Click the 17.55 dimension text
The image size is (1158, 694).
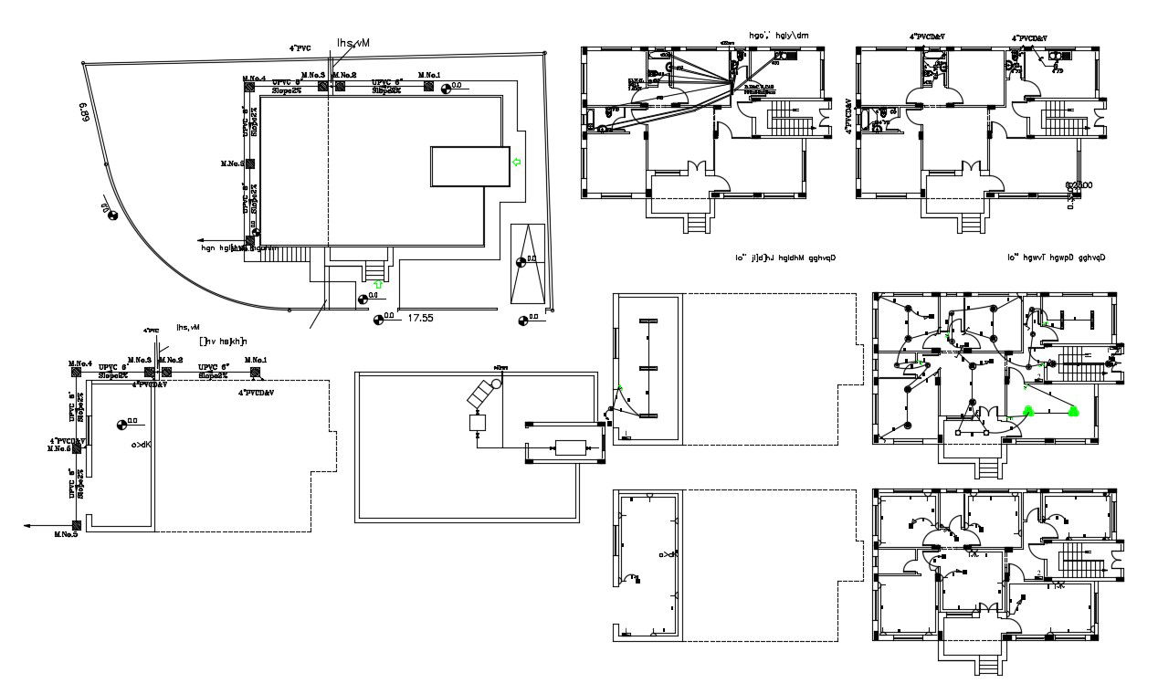420,319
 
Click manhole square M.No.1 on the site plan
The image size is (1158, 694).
427,86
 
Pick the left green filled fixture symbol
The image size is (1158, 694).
1028,410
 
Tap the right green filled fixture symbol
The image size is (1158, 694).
1073,410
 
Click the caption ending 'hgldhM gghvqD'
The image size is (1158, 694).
785,258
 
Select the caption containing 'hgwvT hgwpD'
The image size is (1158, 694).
1057,258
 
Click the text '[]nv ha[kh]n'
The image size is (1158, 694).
211,341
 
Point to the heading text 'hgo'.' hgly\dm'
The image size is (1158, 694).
779,36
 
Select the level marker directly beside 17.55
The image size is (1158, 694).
378,320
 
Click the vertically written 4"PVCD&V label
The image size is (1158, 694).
849,117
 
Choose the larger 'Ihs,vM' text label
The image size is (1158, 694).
353,43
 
